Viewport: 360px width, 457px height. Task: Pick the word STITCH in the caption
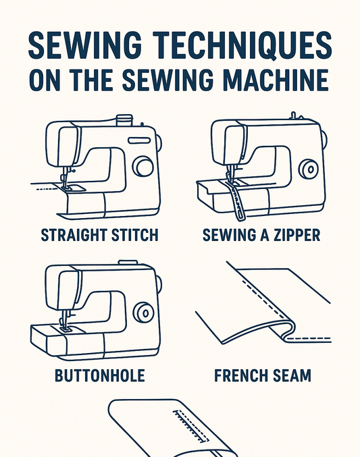click(x=136, y=236)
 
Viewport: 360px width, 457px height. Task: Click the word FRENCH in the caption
click(x=240, y=375)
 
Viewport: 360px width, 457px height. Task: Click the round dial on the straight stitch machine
click(x=143, y=166)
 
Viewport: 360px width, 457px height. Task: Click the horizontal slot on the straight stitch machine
click(x=139, y=140)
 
